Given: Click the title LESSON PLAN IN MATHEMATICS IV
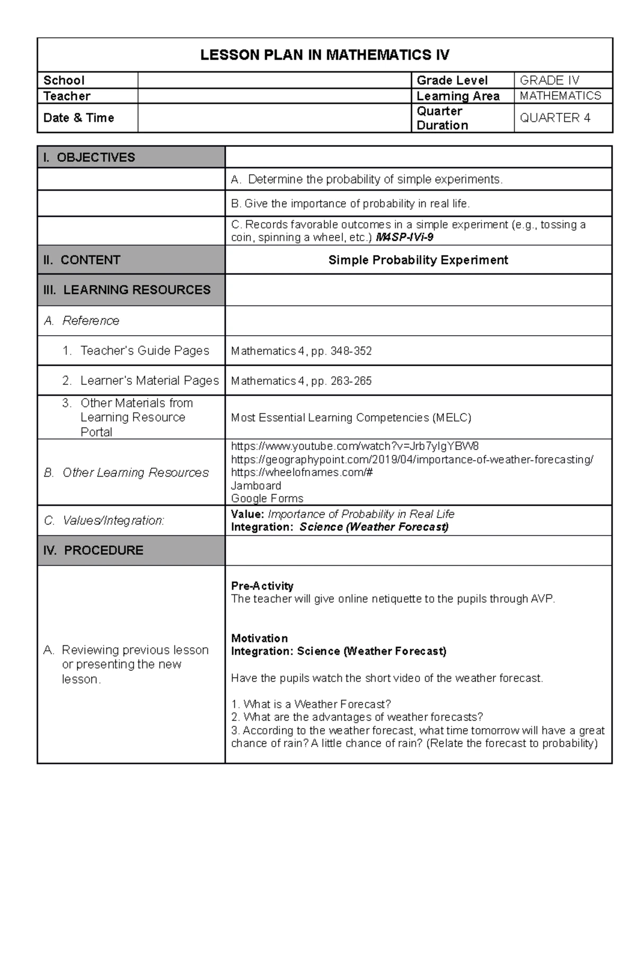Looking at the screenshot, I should click(x=324, y=55).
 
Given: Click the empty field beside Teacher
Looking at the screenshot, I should click(x=274, y=97).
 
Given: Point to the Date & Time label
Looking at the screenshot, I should click(x=78, y=118).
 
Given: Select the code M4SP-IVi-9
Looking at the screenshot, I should click(x=404, y=238).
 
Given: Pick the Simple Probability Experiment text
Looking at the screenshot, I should click(x=418, y=260).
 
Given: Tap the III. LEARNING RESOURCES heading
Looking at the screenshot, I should click(x=127, y=290).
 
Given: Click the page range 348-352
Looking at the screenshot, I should click(x=351, y=352).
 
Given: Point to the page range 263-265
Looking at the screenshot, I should click(x=351, y=381).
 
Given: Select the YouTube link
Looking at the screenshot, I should click(x=355, y=446).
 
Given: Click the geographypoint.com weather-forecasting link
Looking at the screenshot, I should click(x=412, y=459).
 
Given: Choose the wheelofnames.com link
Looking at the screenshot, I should click(x=302, y=472).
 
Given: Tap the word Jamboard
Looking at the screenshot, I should click(x=256, y=486).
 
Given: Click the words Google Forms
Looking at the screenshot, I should click(x=267, y=498).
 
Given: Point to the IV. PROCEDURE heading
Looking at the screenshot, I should click(x=93, y=550).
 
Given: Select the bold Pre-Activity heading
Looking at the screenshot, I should click(x=262, y=586).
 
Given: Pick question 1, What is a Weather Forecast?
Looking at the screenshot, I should click(x=311, y=704).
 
